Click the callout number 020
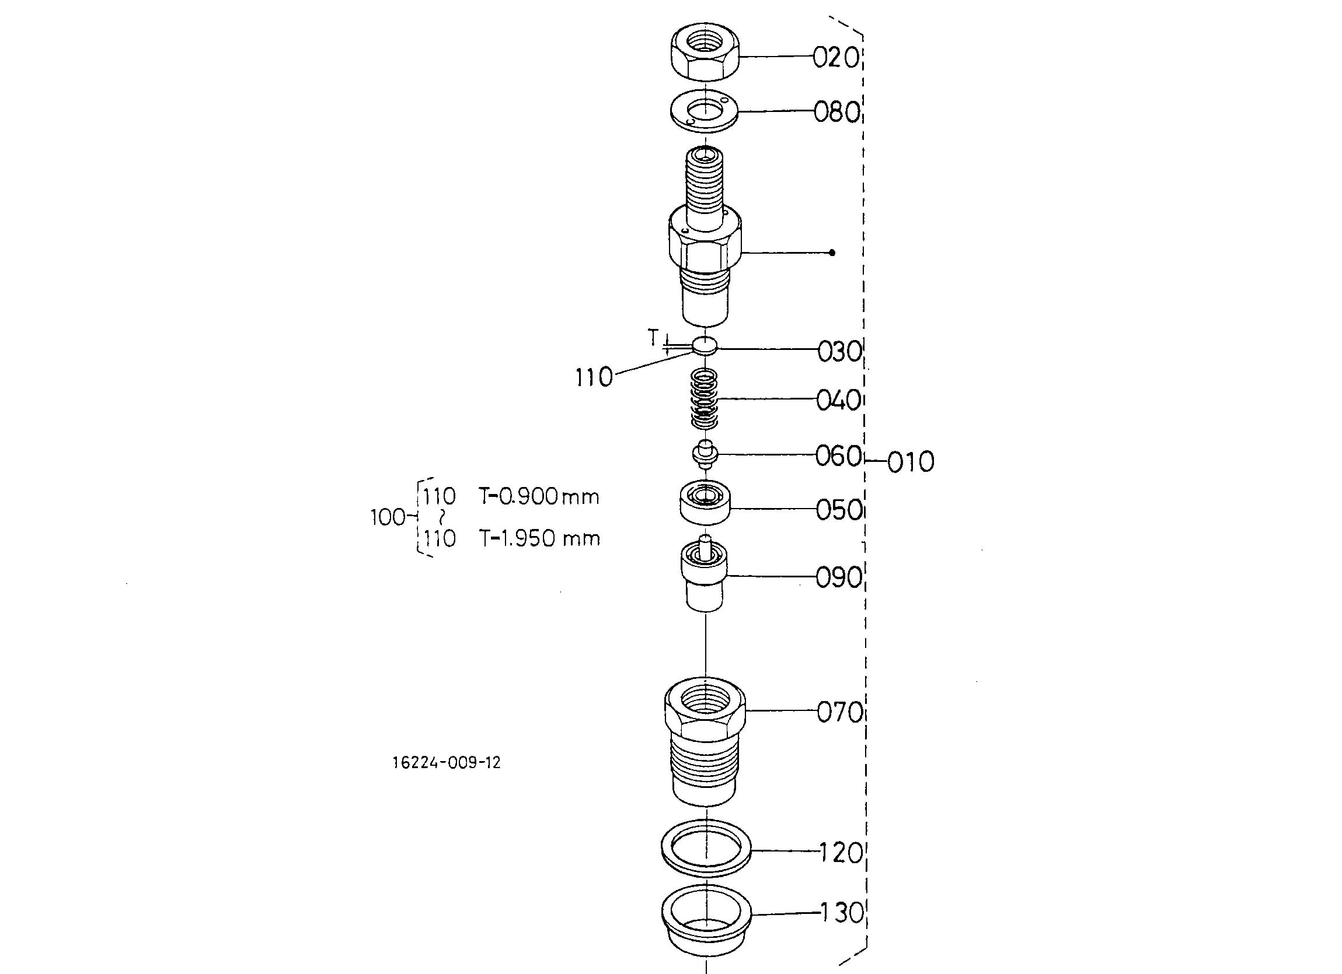(x=835, y=58)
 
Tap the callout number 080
(x=836, y=113)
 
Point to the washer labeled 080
(x=704, y=111)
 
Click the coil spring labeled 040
(x=705, y=399)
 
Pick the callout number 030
(x=839, y=351)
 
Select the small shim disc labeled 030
(x=704, y=345)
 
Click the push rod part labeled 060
(x=705, y=455)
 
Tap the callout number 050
(x=838, y=510)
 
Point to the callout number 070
(x=839, y=713)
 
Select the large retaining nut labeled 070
(x=705, y=739)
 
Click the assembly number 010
(x=911, y=462)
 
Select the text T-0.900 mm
(x=539, y=497)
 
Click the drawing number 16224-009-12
(x=446, y=763)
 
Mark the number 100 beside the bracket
(x=387, y=517)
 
